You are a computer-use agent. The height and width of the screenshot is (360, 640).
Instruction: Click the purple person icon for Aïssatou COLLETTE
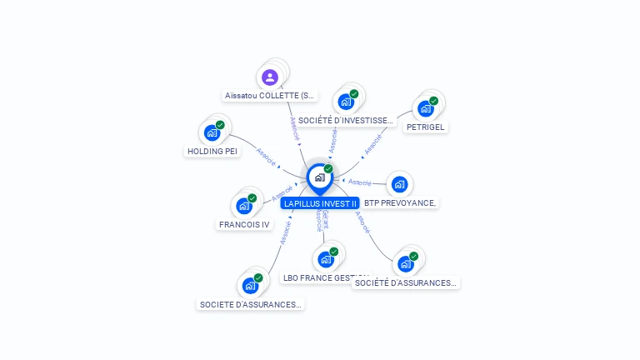pyautogui.click(x=269, y=77)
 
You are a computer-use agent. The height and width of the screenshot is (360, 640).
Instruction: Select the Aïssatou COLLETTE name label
pyautogui.click(x=271, y=96)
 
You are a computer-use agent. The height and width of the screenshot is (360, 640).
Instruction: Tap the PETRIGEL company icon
pyautogui.click(x=426, y=108)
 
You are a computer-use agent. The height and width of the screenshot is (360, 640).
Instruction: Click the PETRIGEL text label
pyautogui.click(x=426, y=127)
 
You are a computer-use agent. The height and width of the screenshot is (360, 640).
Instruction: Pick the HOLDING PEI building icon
pyautogui.click(x=212, y=132)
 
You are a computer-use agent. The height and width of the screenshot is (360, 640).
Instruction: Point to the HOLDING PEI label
pyautogui.click(x=212, y=152)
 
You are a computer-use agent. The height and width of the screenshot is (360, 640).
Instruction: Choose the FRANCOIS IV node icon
pyautogui.click(x=244, y=205)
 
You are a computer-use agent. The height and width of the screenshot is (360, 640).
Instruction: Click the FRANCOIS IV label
pyautogui.click(x=244, y=225)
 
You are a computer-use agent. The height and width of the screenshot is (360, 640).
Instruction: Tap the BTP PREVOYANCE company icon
pyautogui.click(x=399, y=184)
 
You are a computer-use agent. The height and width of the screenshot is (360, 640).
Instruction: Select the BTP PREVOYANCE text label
pyautogui.click(x=400, y=203)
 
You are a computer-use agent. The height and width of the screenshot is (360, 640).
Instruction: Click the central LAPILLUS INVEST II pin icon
pyautogui.click(x=319, y=177)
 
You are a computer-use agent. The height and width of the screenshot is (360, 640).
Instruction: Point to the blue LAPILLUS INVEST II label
pyautogui.click(x=320, y=203)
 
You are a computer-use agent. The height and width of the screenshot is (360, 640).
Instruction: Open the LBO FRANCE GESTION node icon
pyautogui.click(x=326, y=258)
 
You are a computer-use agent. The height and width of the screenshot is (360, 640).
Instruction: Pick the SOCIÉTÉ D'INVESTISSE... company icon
pyautogui.click(x=346, y=102)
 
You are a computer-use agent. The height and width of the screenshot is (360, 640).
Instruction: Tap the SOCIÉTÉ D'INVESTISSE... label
pyautogui.click(x=345, y=121)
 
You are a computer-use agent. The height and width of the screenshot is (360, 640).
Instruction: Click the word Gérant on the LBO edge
pyautogui.click(x=326, y=219)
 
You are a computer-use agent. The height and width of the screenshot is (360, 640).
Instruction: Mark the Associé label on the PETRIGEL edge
pyautogui.click(x=372, y=144)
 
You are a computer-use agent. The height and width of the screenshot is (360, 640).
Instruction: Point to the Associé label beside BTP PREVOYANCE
pyautogui.click(x=360, y=182)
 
